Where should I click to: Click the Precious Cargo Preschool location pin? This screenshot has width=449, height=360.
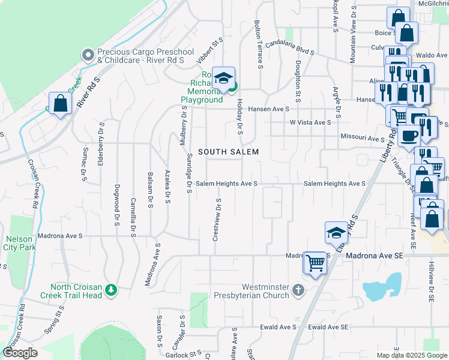click(88, 55)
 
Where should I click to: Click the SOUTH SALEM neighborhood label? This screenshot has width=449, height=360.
click(229, 152)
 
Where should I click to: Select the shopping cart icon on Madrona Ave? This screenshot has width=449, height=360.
click(315, 262)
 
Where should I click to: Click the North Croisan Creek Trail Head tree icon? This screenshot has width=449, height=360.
click(110, 290)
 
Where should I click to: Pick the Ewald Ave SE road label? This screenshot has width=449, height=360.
click(328, 327)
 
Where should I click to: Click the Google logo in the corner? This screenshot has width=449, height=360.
click(20, 353)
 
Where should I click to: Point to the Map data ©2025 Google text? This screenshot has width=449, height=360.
click(411, 355)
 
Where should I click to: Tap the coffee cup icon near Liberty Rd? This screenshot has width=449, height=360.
click(409, 135)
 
